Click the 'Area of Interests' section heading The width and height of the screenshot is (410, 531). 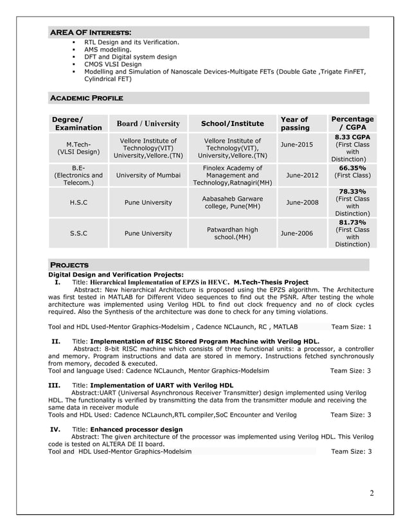click(x=91, y=32)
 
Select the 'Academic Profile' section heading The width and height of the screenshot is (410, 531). click(x=86, y=98)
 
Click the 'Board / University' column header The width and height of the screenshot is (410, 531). click(x=148, y=123)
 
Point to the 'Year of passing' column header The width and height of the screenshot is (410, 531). click(x=295, y=123)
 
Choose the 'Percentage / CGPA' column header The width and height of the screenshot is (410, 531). click(x=352, y=123)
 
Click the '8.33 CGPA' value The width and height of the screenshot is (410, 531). click(x=352, y=137)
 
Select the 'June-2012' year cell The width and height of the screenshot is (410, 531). click(x=302, y=174)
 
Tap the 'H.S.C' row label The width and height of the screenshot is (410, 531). click(x=78, y=203)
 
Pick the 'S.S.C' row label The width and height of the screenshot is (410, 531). click(x=78, y=233)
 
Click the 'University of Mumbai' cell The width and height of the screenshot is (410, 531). click(x=148, y=174)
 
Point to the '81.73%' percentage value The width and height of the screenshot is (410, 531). click(x=352, y=222)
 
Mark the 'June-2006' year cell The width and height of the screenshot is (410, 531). click(x=296, y=233)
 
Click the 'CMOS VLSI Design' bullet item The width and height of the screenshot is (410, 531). click(x=112, y=64)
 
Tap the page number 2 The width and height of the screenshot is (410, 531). click(x=371, y=493)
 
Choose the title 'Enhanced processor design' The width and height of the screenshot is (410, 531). click(x=133, y=428)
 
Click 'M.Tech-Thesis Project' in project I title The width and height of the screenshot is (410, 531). click(x=271, y=282)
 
